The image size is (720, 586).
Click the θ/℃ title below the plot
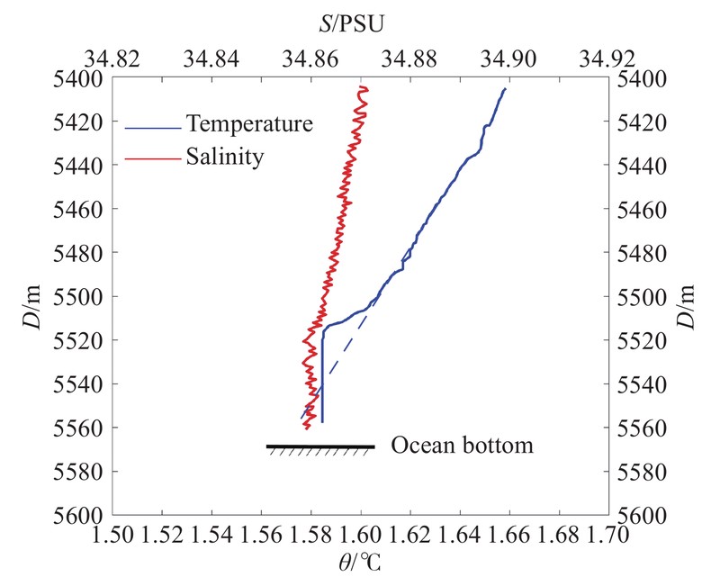[359, 567]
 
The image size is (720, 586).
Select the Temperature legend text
[249, 123]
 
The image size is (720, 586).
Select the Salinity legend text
[225, 156]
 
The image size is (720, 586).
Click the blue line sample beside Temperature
[153, 126]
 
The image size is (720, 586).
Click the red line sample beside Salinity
[153, 158]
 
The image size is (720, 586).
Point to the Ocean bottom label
[462, 446]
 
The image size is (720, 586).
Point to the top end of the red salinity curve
[363, 87]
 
